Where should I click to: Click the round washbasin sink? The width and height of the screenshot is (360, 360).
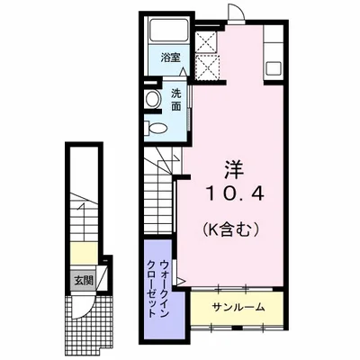152,97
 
